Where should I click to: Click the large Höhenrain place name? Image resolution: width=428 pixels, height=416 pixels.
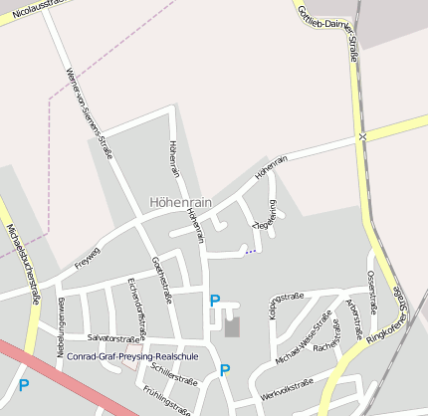180,201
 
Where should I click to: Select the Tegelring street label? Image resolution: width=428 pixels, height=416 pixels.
267,215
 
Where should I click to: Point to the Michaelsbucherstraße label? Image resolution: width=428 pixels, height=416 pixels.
23,260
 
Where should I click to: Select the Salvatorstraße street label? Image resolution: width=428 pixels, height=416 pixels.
109,338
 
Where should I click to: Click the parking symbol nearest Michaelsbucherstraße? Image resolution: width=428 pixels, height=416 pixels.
23,384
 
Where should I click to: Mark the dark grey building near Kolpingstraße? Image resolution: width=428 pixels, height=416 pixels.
232,326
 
